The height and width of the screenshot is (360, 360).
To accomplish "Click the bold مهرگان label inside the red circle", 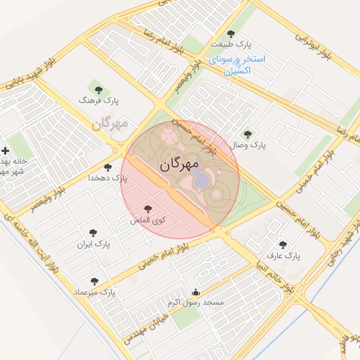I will pos(179,165).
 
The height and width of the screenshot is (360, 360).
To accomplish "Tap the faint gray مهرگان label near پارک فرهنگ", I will pos(109,124).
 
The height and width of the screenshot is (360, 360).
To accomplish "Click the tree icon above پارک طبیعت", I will pos(231,34).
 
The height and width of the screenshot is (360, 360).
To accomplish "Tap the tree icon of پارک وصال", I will pos(247,134).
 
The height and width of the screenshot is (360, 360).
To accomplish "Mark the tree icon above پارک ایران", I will pos(94,233).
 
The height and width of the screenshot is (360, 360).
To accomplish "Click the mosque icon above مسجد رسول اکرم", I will pos(195,292).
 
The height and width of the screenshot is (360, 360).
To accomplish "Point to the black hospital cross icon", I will pos(6,150).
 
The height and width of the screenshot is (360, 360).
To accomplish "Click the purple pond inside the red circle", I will pos(202,180).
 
